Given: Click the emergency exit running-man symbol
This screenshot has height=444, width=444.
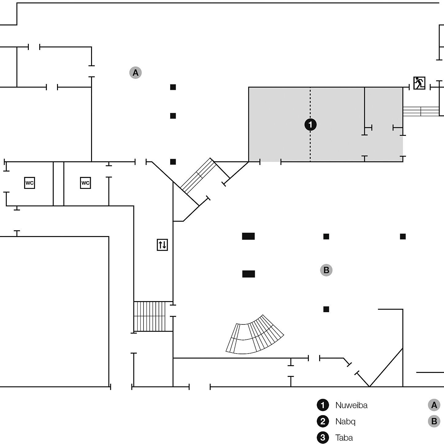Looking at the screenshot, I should pyautogui.click(x=419, y=83).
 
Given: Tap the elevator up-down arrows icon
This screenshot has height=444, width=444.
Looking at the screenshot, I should pyautogui.click(x=162, y=245).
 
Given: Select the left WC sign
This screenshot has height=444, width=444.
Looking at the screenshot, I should pyautogui.click(x=29, y=183).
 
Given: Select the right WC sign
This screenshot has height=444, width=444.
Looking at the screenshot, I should pyautogui.click(x=85, y=183).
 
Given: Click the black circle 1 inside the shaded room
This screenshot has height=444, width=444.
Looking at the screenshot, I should pyautogui.click(x=310, y=124).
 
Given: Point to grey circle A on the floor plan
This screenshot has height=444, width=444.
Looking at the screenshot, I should pyautogui.click(x=135, y=73).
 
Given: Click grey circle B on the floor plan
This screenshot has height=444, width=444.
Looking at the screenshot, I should pyautogui.click(x=326, y=270).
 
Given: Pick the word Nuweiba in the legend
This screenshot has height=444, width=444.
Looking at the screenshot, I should pyautogui.click(x=351, y=405).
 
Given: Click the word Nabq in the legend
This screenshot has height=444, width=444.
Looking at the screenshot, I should pyautogui.click(x=345, y=421).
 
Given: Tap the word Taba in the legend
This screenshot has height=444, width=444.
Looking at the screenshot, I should pyautogui.click(x=344, y=438).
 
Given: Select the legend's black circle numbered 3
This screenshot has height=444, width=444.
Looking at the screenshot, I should pyautogui.click(x=323, y=438).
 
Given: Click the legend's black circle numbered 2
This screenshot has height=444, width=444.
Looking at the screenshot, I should pyautogui.click(x=323, y=421).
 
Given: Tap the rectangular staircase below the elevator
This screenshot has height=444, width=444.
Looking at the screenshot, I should pyautogui.click(x=150, y=316).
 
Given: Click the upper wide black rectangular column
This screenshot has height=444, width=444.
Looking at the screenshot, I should pyautogui.click(x=248, y=236).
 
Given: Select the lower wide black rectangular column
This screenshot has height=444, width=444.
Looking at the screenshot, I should pyautogui.click(x=248, y=274).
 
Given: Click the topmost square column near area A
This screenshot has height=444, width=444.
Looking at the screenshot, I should pyautogui.click(x=173, y=87).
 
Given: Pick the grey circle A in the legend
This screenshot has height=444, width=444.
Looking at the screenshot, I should pyautogui.click(x=434, y=405).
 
